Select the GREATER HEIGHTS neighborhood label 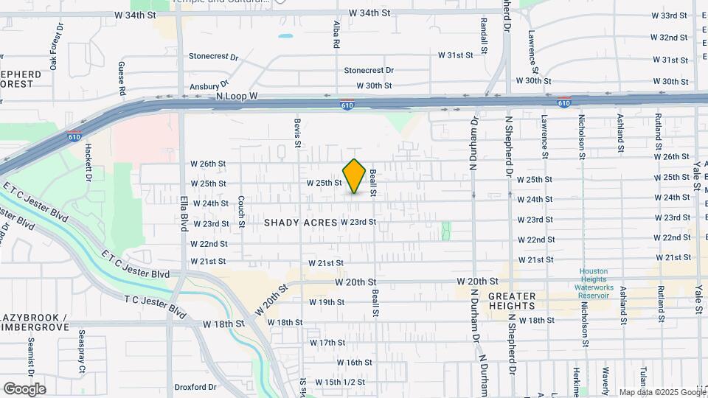coord(511,300)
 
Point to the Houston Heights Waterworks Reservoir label coord(594,283)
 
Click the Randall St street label coord(485,37)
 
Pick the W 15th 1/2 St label coord(340,382)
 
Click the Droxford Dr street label coord(195,387)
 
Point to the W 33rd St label coord(670,15)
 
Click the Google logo coord(24,389)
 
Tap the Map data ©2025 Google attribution coord(661,393)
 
